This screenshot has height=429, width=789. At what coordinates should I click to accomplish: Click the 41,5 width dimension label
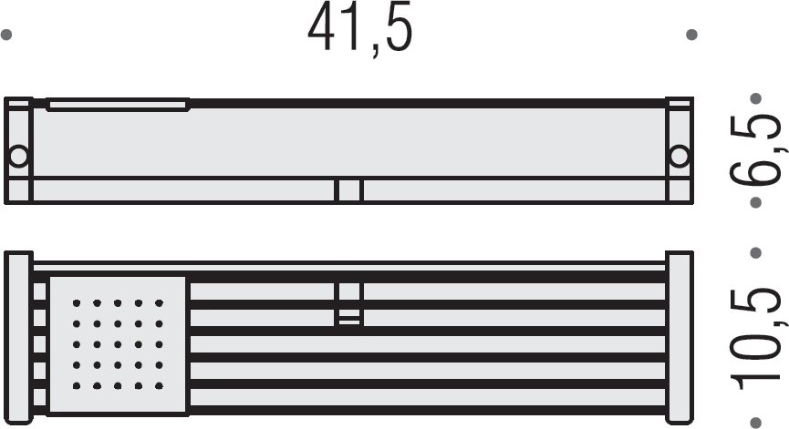359,27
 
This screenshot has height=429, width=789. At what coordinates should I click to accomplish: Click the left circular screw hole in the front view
18,157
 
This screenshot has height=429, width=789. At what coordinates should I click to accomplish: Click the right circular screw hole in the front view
680,157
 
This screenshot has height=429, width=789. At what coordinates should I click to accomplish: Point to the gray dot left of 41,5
6,35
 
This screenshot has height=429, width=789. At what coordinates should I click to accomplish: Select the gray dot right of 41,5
692,35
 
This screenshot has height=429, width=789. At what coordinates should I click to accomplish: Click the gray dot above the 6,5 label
755,98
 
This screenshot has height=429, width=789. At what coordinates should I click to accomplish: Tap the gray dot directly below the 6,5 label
755,202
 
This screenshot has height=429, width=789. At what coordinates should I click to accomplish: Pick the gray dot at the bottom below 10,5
755,423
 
